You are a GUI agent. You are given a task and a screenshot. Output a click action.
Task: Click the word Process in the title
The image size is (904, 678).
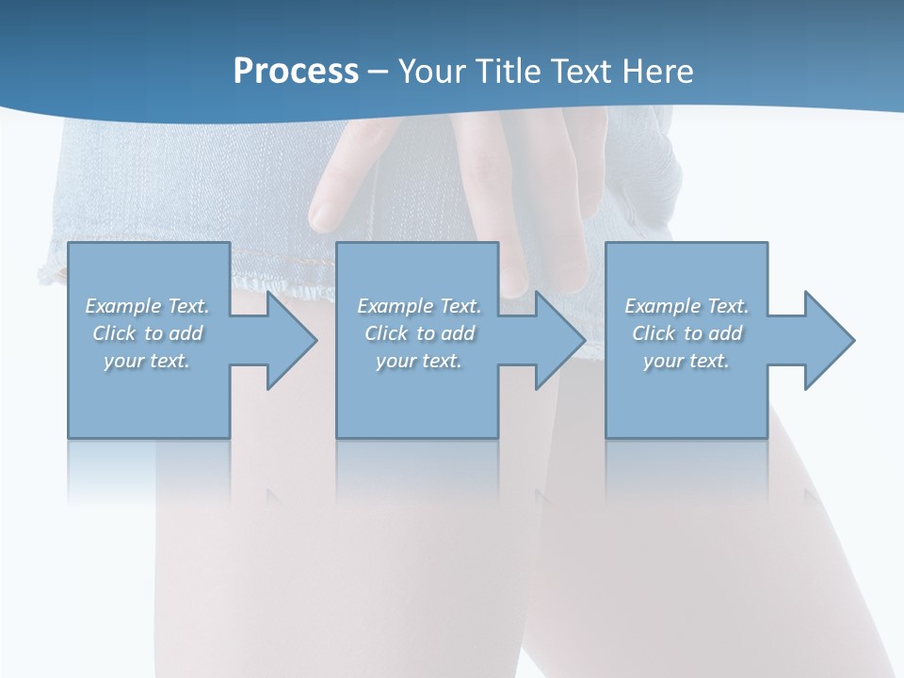click(x=296, y=71)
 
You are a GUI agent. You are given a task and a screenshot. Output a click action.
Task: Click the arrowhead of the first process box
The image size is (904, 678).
click(x=288, y=340)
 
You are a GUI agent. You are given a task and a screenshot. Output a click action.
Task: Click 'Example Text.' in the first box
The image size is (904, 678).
click(x=147, y=306)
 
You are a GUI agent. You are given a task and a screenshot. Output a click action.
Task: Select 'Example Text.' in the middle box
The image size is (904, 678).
click(x=419, y=306)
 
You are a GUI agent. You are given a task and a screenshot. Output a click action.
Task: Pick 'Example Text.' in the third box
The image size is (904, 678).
click(x=686, y=306)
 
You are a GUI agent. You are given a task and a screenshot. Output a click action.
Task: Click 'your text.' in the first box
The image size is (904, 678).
click(x=147, y=361)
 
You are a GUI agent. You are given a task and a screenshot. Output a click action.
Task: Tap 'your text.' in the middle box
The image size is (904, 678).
click(x=419, y=361)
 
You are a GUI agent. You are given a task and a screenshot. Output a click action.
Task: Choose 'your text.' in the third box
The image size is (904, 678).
click(x=686, y=361)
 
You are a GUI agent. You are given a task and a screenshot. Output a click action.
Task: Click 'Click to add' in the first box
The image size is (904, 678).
click(x=147, y=333)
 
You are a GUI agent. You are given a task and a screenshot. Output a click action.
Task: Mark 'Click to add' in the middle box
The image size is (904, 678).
click(x=419, y=333)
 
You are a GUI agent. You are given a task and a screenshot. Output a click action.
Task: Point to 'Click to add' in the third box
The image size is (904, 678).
click(x=686, y=333)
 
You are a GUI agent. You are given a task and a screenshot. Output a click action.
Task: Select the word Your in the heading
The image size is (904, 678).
click(x=430, y=71)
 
